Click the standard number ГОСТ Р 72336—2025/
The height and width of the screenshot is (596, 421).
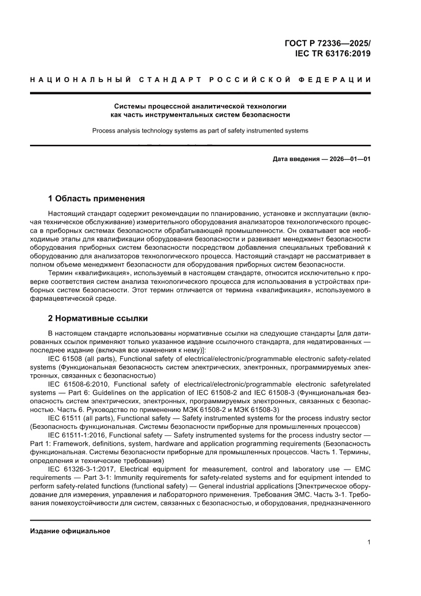(327, 43)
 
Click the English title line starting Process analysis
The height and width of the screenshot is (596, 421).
(200, 131)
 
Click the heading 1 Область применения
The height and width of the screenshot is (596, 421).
(96, 198)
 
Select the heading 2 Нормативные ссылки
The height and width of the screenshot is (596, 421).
(98, 318)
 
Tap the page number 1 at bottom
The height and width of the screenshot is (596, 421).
(368, 542)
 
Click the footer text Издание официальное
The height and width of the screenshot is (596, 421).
(70, 531)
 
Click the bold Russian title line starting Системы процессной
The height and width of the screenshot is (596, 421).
(200, 106)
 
